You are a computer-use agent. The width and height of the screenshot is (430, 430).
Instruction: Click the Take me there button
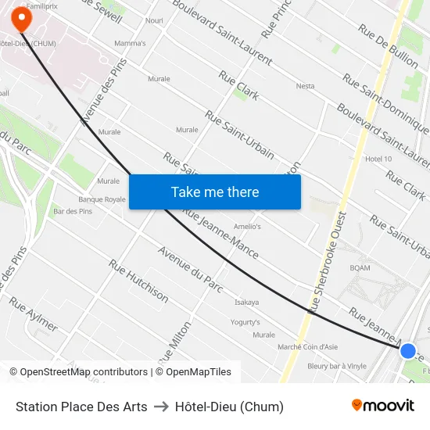click(x=215, y=192)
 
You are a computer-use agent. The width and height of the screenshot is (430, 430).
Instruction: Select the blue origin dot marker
click(x=407, y=350)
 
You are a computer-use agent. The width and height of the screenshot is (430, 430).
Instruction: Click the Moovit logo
click(x=382, y=406)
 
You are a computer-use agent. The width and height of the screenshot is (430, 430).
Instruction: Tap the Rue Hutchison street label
click(x=138, y=281)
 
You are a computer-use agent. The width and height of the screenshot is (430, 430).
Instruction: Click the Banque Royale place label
click(x=102, y=199)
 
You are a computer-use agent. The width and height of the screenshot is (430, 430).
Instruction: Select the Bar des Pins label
click(x=73, y=211)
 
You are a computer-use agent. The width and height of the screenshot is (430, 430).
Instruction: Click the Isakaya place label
click(x=246, y=302)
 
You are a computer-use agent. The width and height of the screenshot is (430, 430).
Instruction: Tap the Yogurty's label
click(x=245, y=322)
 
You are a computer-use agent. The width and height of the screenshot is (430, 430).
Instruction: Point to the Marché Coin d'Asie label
click(x=308, y=346)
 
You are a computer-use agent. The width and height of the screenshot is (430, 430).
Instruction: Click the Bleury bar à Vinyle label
click(x=337, y=365)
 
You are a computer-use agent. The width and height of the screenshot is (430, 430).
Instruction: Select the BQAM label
click(x=360, y=268)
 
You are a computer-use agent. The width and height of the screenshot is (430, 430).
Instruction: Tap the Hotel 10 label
click(x=378, y=159)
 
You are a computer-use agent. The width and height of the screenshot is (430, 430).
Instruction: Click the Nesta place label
click(x=305, y=86)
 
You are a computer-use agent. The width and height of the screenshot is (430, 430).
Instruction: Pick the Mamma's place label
click(x=130, y=43)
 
